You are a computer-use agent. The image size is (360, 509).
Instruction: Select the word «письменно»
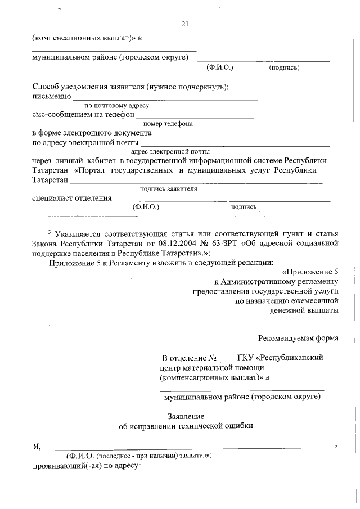[x=51, y=96]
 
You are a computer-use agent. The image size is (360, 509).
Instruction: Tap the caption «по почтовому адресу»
[x=116, y=105]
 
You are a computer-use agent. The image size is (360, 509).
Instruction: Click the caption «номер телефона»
[x=168, y=124]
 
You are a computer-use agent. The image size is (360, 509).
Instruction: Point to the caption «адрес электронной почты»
[x=170, y=151]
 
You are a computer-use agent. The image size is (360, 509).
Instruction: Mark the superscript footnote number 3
[x=49, y=232]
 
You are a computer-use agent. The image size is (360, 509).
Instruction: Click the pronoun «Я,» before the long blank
[x=36, y=447]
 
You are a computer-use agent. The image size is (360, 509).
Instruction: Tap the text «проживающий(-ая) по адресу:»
[x=85, y=467]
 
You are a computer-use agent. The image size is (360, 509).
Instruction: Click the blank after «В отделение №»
[x=226, y=359]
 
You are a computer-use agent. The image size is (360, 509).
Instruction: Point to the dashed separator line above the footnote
[x=93, y=216]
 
